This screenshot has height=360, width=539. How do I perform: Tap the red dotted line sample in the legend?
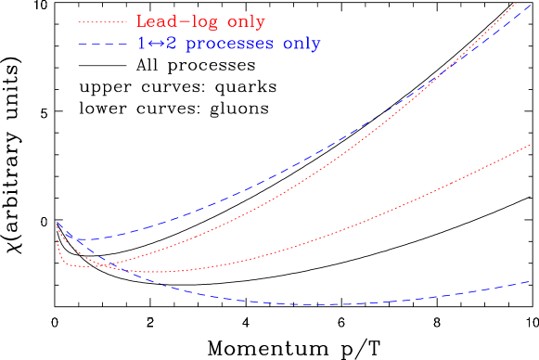(x=103, y=21)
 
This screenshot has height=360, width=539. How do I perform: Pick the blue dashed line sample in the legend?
(x=103, y=44)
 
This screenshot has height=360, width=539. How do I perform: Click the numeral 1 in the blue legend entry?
(x=141, y=44)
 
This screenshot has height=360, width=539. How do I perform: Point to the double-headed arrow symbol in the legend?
(x=154, y=44)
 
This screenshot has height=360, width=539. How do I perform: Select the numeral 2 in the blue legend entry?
(x=168, y=44)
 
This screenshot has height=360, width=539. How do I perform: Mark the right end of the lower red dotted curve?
(x=530, y=145)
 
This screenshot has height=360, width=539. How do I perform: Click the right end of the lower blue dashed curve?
(x=530, y=280)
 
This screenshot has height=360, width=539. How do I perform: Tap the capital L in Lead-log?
(x=142, y=21)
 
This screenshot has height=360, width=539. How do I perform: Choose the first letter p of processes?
(x=186, y=45)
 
